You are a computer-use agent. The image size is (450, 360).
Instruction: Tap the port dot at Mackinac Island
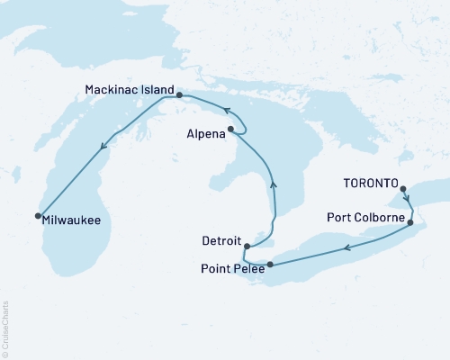pos(179,94)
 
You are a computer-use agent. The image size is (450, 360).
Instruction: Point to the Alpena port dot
pos(231,130)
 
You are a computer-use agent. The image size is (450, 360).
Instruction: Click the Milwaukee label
pos(71,218)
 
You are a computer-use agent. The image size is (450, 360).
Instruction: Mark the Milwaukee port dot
pos(38,215)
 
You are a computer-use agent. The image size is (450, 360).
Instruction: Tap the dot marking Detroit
pos(247,245)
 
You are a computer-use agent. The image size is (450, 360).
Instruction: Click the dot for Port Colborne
pos(411,222)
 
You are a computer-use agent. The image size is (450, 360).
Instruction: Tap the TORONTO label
pos(370,182)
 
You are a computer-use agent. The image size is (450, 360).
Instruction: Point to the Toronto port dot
pos(402,189)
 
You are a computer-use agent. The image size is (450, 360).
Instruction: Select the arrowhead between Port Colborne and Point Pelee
pos(346,245)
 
